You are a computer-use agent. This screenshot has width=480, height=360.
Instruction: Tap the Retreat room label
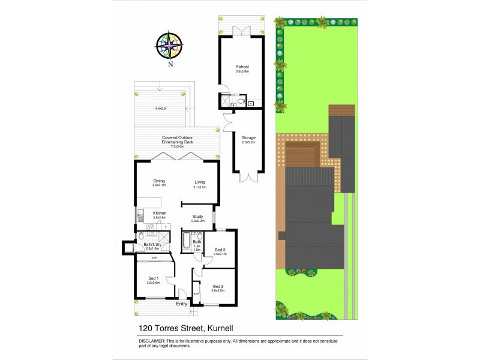click(242, 67)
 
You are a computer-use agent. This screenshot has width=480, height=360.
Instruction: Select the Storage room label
click(248, 137)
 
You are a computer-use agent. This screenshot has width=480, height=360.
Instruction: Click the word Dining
click(159, 181)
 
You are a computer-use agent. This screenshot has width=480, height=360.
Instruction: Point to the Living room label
click(200, 182)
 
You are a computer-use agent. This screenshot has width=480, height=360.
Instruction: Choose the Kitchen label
click(160, 213)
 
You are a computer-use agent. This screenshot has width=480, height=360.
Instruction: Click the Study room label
click(198, 217)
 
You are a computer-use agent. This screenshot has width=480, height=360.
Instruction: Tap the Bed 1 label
click(154, 278)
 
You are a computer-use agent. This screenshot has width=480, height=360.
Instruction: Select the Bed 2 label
click(218, 286)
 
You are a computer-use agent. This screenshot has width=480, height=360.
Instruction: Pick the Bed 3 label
click(220, 250)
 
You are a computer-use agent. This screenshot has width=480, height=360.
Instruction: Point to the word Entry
click(181, 304)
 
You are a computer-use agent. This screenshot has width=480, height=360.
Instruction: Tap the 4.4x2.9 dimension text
click(160, 109)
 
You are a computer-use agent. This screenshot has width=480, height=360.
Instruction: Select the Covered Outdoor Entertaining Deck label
click(178, 139)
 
